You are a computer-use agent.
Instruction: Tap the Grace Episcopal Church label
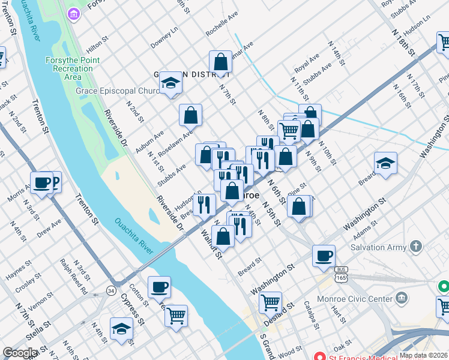pyautogui.click(x=118, y=91)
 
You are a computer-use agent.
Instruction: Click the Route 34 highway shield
pyautogui.click(x=111, y=291)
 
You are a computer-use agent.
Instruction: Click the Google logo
pyautogui.click(x=20, y=352)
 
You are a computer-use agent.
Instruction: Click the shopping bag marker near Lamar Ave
pyautogui.click(x=220, y=62)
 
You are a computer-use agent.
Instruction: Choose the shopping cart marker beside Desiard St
pyautogui.click(x=271, y=302)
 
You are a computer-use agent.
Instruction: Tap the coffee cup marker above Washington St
pyautogui.click(x=324, y=256)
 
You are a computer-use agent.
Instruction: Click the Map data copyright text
pyautogui.click(x=423, y=355)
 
